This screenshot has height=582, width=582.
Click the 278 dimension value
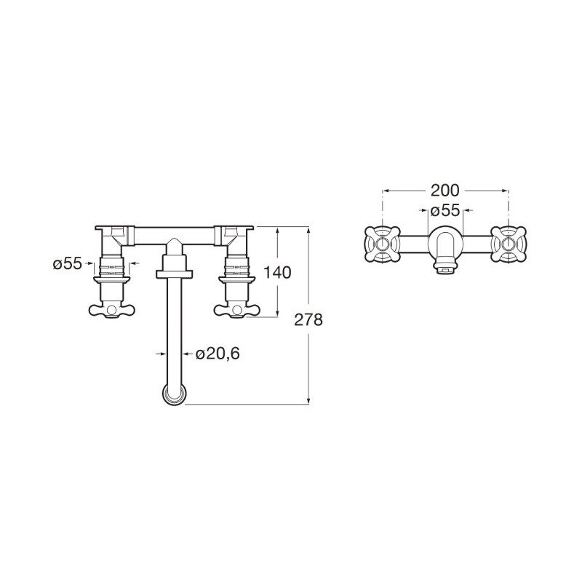pos(308,319)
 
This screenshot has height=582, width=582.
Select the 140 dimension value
pos(277,273)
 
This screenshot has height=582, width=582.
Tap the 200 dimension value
pos(445,191)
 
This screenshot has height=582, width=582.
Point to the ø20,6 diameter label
pos(218,354)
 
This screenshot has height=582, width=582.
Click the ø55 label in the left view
pos(67,264)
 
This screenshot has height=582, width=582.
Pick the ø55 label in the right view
pos(445,211)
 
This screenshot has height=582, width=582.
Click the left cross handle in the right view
pos(383,244)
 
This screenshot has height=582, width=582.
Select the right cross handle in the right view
pos(508,244)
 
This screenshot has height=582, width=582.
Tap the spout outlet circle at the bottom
pos(174,394)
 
